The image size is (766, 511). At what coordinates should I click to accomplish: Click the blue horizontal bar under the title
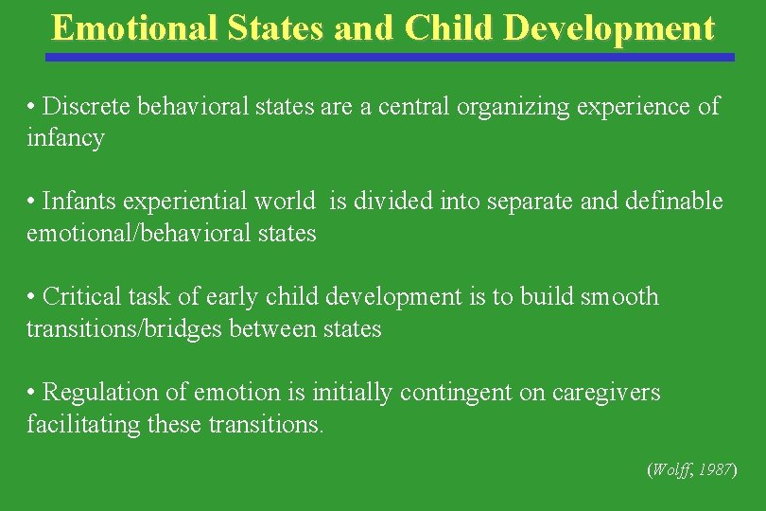390,57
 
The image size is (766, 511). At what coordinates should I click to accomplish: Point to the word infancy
65,138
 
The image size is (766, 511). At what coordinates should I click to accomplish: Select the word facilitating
83,424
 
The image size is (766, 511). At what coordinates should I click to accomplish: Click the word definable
673,202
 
